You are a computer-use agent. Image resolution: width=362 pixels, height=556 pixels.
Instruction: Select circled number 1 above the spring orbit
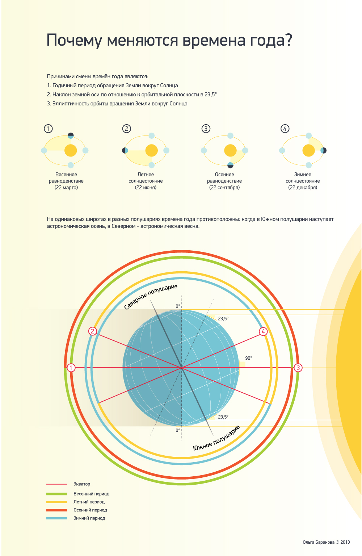[x=48, y=129]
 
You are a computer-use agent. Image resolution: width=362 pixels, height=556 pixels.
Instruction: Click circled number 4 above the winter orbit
[x=285, y=129]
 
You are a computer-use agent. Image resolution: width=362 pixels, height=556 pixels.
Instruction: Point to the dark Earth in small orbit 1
[x=71, y=136]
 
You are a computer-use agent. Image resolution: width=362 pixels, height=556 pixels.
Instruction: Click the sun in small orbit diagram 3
[x=230, y=150]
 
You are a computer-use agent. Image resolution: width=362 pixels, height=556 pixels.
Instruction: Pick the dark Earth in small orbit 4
[x=323, y=150]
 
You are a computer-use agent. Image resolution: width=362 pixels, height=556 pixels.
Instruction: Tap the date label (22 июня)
[x=146, y=188]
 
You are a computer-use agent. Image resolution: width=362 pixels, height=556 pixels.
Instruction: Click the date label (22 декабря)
[x=303, y=188]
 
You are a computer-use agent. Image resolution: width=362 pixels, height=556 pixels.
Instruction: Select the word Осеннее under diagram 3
[x=224, y=175]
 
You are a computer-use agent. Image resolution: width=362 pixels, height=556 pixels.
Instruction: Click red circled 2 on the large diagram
[x=93, y=331]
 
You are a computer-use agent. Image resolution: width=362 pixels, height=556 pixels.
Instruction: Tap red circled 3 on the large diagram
[x=298, y=368]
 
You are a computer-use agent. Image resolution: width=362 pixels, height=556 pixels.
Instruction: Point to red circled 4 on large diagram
[x=263, y=331]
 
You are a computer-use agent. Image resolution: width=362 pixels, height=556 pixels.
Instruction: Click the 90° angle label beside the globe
[x=248, y=358]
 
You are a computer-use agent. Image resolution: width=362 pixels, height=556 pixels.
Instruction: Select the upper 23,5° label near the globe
[x=223, y=319]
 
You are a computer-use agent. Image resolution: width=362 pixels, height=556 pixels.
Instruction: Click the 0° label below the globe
[x=178, y=430]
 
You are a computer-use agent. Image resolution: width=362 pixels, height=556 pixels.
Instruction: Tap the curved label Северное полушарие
[x=151, y=297]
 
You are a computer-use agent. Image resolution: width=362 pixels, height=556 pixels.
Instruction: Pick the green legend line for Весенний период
[x=57, y=494]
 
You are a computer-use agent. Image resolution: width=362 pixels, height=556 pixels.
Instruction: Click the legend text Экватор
[x=82, y=484]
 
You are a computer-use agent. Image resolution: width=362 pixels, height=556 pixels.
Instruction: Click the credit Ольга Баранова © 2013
[x=326, y=542]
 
